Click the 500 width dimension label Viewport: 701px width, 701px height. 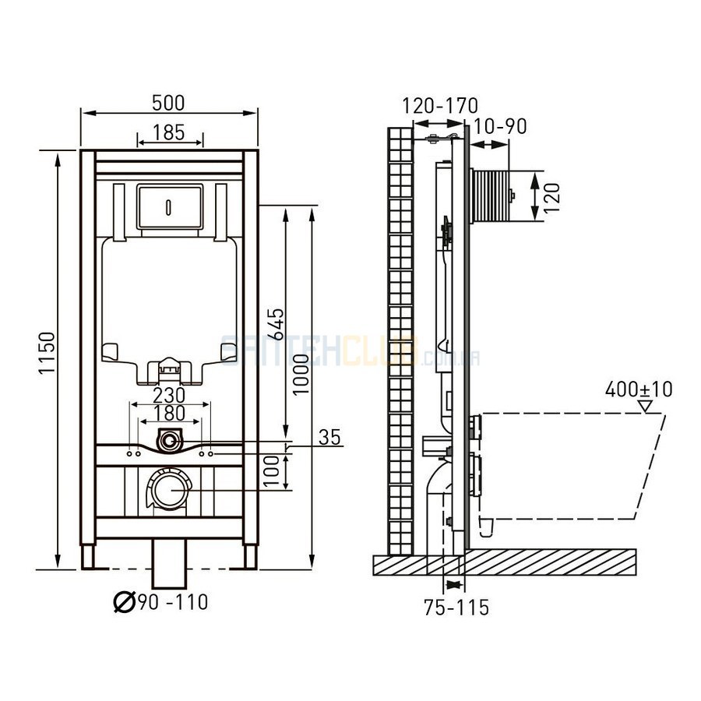(168, 103)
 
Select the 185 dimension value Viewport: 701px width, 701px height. (168, 132)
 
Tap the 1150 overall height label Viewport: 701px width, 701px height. (47, 353)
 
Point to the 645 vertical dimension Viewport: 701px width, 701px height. (277, 324)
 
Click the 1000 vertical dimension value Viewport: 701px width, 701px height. (301, 375)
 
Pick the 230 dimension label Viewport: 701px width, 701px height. (168, 395)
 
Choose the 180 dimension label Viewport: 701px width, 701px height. (168, 413)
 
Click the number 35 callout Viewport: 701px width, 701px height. (329, 437)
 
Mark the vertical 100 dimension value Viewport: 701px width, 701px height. (271, 472)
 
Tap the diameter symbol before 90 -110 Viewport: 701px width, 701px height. (125, 602)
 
